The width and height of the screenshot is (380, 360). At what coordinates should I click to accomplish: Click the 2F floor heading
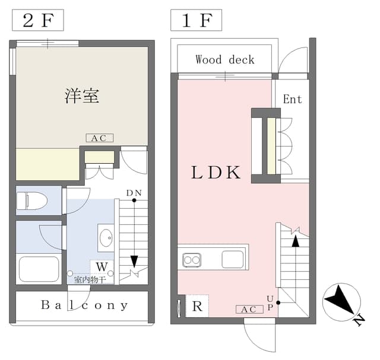38,20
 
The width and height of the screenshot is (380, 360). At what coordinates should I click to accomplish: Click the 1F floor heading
196,20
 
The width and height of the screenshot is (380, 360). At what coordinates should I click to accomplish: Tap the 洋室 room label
82,96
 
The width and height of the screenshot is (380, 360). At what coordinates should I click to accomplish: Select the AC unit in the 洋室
100,138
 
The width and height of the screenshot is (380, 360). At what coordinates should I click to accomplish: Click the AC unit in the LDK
249,309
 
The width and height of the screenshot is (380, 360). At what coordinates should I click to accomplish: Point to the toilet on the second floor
31,200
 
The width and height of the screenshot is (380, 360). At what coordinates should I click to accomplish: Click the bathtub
39,269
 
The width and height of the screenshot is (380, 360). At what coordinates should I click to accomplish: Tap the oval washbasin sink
106,238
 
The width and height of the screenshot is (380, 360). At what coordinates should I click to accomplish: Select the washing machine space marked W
102,267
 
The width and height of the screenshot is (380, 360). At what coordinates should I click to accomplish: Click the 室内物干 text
90,280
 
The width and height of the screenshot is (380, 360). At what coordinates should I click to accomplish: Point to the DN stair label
134,193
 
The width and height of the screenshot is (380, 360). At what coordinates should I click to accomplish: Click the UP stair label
270,303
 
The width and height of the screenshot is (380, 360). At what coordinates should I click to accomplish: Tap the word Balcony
84,305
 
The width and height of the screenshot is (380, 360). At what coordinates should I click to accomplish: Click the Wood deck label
225,59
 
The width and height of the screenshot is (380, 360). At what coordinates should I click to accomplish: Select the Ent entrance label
293,99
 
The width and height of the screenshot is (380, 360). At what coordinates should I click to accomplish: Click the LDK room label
216,173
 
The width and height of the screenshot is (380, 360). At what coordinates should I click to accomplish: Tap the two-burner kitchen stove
192,260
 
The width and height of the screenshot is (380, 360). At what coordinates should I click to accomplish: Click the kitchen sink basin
233,259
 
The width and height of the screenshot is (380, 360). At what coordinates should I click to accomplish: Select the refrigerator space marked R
197,306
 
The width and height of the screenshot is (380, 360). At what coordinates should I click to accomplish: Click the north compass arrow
339,300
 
